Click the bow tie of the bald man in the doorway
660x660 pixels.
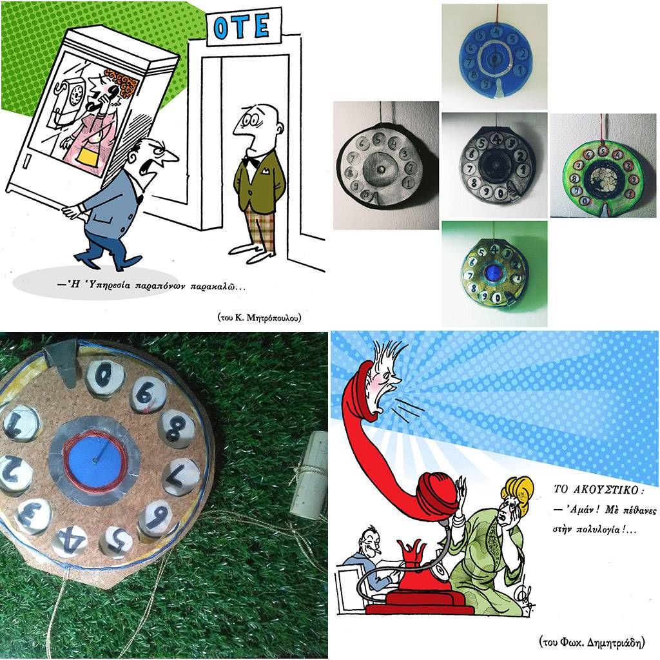pos(252,161)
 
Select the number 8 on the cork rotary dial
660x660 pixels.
pos(177,429)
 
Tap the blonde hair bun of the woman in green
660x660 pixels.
pos(518,493)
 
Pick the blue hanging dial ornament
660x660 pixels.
pos(494,57)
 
